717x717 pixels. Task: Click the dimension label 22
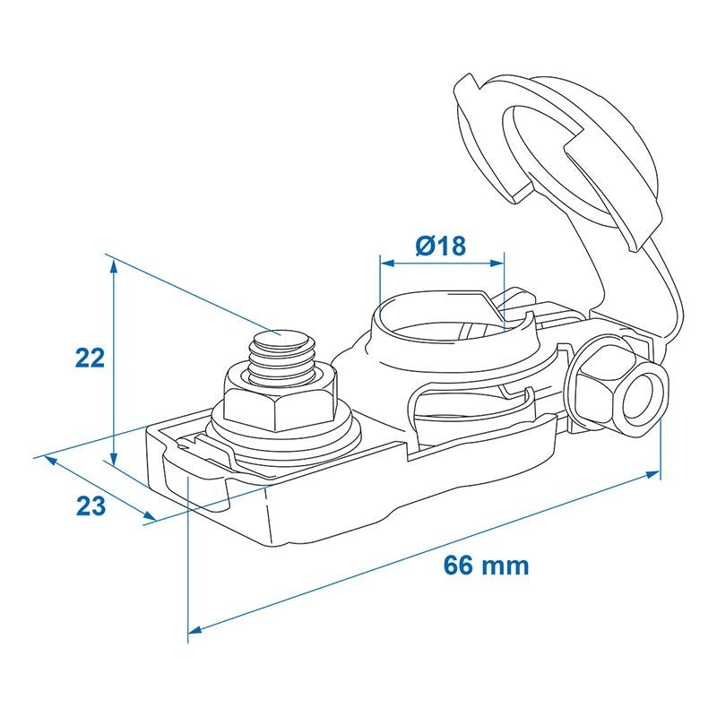91,358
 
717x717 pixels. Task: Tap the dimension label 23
91,506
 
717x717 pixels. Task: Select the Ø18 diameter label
441,246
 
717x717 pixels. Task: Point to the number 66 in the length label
458,566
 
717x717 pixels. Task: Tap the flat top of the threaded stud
281,340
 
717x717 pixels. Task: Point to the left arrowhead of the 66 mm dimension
195,630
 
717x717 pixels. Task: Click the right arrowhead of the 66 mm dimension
653,474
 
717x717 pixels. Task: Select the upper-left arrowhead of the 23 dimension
50,461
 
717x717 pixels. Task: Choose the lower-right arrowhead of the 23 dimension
150,516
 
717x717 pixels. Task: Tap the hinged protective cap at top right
557,160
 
